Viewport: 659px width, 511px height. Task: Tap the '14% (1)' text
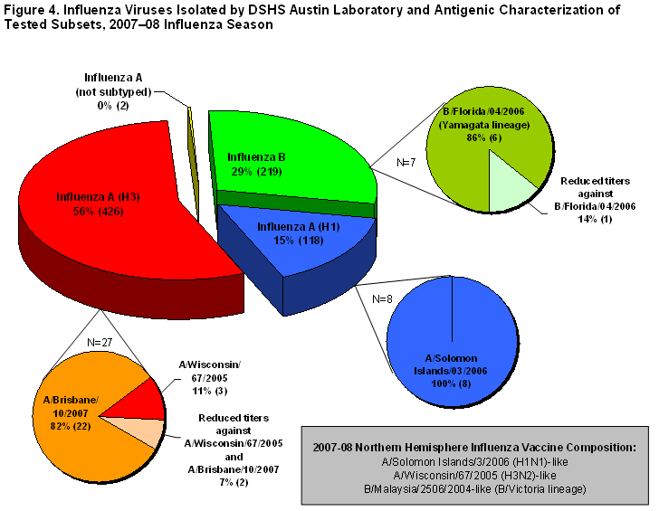click(594, 220)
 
